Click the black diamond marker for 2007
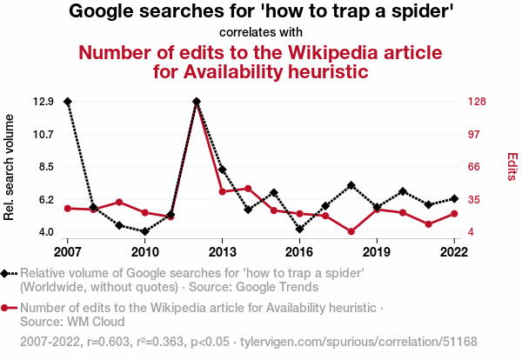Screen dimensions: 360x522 point(68,102)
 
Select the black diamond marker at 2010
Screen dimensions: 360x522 point(145,232)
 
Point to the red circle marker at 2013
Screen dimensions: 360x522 point(223,191)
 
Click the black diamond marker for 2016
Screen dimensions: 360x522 point(299,230)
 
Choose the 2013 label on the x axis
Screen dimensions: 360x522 point(223,252)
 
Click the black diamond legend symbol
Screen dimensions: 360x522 point(7,274)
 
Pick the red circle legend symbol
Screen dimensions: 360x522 point(7,308)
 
